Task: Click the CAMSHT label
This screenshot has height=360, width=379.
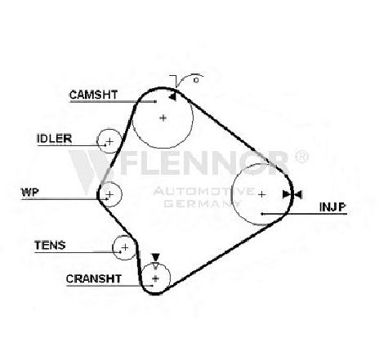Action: (93, 95)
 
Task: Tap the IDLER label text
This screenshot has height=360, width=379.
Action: (54, 139)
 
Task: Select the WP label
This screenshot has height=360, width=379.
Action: (30, 192)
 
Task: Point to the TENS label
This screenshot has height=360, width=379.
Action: (50, 245)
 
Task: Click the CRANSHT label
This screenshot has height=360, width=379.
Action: (94, 278)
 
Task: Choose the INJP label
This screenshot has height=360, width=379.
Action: (332, 207)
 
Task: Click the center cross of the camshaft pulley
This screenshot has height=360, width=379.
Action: (163, 118)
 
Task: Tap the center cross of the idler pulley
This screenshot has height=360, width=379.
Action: (109, 141)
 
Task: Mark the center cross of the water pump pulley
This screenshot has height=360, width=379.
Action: (109, 194)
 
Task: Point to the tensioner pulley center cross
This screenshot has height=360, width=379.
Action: (125, 247)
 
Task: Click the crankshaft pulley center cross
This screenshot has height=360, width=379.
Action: (155, 278)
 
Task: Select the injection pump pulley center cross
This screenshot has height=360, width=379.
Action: (261, 194)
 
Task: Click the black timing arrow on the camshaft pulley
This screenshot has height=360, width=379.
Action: (172, 96)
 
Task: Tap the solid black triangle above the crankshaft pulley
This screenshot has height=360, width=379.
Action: (155, 257)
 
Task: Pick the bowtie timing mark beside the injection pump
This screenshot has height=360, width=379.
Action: (292, 194)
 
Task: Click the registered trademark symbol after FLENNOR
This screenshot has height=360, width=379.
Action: (301, 157)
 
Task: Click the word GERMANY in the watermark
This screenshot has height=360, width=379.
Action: (203, 203)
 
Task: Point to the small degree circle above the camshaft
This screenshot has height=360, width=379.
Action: (196, 80)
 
